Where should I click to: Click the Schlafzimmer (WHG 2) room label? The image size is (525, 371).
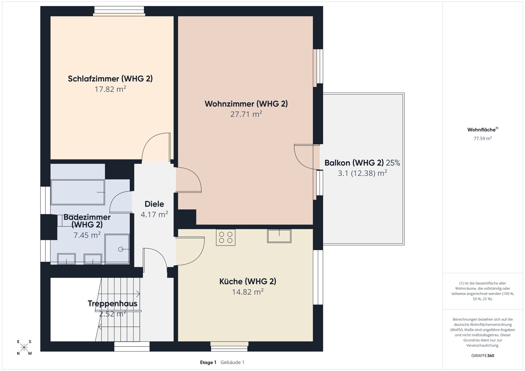click(x=110, y=79)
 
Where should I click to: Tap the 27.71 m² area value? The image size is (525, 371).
click(x=246, y=114)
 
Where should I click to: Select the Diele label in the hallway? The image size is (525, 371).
click(x=154, y=204)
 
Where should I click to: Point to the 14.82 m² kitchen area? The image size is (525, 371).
click(x=248, y=292)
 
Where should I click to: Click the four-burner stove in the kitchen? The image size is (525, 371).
click(x=225, y=237)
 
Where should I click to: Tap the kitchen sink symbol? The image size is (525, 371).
click(x=279, y=236)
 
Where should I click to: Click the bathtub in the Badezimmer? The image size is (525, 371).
click(x=78, y=192)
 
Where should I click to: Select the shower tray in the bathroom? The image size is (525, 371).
click(x=117, y=249)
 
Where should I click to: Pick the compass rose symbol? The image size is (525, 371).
click(x=24, y=348)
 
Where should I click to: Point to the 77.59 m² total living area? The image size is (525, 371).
click(x=483, y=138)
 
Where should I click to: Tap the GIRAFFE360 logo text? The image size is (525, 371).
click(x=483, y=356)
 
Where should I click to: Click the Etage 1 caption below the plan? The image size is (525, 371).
click(x=208, y=362)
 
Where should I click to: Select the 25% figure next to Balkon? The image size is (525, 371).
click(x=393, y=163)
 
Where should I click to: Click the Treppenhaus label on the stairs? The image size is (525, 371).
click(x=112, y=304)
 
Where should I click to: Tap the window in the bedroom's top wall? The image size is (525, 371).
click(x=119, y=11)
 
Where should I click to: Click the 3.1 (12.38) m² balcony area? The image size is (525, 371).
click(x=362, y=173)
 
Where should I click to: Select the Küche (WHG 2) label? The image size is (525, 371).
click(x=248, y=281)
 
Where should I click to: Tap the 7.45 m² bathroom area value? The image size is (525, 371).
click(x=87, y=235)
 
